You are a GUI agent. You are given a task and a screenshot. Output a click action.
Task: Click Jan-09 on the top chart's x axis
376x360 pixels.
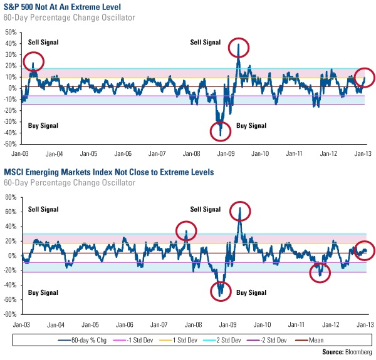(x=226, y=153)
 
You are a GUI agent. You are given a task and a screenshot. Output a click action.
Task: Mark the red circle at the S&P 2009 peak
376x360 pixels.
(x=239, y=48)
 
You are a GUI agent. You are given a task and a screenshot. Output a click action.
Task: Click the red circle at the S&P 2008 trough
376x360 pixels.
(x=221, y=131)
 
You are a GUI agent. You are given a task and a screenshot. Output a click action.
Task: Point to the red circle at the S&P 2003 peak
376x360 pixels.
(x=34, y=62)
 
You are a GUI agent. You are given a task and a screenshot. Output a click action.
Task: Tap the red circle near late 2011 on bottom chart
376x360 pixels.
(x=320, y=272)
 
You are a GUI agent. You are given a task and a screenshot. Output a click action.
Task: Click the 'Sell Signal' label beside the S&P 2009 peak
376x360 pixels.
(x=206, y=42)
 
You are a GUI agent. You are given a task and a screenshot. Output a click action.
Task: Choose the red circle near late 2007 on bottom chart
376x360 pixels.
(x=186, y=232)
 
